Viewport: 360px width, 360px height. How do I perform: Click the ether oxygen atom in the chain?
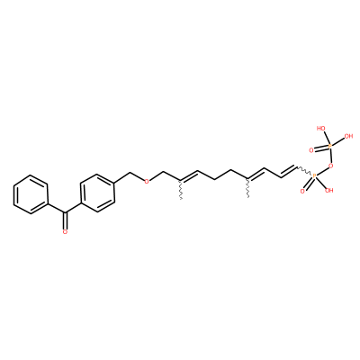pyautogui.click(x=147, y=181)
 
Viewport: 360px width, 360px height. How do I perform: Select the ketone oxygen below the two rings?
pyautogui.click(x=65, y=231)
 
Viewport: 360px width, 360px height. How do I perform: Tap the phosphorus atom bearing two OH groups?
pyautogui.click(x=329, y=146)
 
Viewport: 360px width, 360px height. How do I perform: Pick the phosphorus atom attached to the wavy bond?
pyautogui.click(x=314, y=176)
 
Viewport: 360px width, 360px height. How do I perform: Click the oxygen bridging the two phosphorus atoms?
pyautogui.click(x=331, y=166)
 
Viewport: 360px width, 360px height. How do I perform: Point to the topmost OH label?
pyautogui.click(x=321, y=129)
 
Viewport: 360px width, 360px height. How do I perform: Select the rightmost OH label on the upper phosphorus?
pyautogui.click(x=348, y=137)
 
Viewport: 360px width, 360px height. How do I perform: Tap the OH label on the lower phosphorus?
pyautogui.click(x=329, y=190)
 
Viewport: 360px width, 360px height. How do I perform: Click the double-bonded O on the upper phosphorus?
pyautogui.click(x=311, y=150)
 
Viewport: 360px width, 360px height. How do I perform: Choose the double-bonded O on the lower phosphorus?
pyautogui.click(x=302, y=191)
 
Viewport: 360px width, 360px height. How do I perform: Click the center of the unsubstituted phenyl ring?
pyautogui.click(x=31, y=194)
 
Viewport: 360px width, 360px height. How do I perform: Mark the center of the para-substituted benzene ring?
pyautogui.click(x=98, y=193)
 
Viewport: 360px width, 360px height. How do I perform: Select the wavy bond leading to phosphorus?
pyautogui.click(x=304, y=171)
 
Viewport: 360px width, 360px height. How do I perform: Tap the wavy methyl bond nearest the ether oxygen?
pyautogui.click(x=181, y=190)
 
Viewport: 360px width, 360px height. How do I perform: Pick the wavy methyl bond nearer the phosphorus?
pyautogui.click(x=248, y=189)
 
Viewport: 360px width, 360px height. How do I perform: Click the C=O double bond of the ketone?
pyautogui.click(x=65, y=220)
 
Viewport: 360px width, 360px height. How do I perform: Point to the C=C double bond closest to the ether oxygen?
pyautogui.click(x=189, y=176)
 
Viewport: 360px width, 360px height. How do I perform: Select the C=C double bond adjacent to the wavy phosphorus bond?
pyautogui.click(x=289, y=171)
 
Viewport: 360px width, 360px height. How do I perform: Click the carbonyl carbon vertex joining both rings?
pyautogui.click(x=65, y=212)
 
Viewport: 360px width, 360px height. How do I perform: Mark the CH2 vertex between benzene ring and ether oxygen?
pyautogui.click(x=130, y=173)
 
